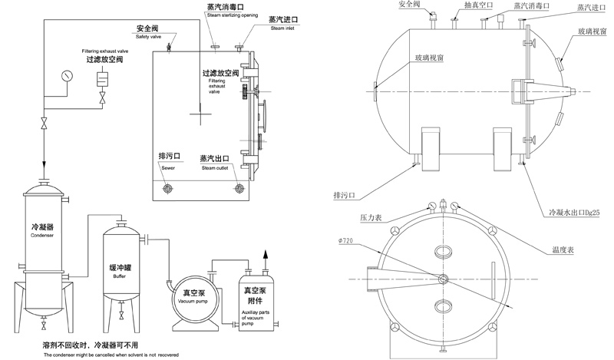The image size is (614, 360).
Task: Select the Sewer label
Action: coord(168,167)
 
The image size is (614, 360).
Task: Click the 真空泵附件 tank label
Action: coord(259,296)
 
